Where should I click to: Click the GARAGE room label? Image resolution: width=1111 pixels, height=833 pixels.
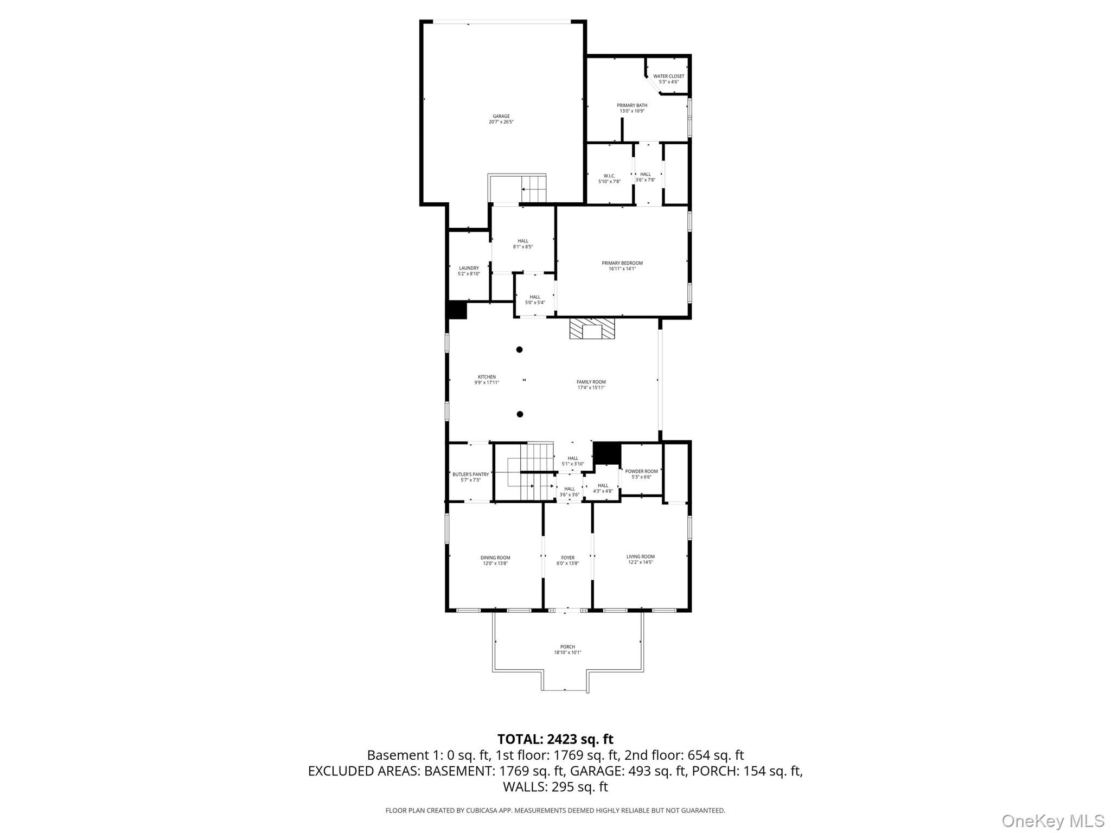pyautogui.click(x=501, y=116)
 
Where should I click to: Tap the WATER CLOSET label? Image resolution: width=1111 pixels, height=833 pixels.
pyautogui.click(x=668, y=76)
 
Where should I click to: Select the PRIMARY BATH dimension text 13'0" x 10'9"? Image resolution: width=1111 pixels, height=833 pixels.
pyautogui.click(x=632, y=111)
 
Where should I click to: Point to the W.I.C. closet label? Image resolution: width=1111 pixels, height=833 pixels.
pyautogui.click(x=609, y=176)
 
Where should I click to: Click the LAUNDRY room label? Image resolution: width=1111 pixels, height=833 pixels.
pyautogui.click(x=469, y=268)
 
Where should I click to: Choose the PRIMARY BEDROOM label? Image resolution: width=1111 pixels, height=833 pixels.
pyautogui.click(x=622, y=263)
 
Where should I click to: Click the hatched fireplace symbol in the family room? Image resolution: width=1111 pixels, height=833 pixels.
pyautogui.click(x=592, y=329)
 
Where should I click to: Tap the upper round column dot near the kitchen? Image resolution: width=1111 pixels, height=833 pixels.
pyautogui.click(x=519, y=350)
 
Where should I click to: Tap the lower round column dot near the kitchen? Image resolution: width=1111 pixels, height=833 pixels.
pyautogui.click(x=520, y=414)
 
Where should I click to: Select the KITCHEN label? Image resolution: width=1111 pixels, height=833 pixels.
pyautogui.click(x=487, y=377)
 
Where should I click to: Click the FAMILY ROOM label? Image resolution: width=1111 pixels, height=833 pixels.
pyautogui.click(x=591, y=382)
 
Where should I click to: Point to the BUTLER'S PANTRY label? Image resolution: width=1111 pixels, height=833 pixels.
pyautogui.click(x=470, y=474)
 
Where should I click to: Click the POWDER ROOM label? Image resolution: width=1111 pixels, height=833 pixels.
pyautogui.click(x=641, y=471)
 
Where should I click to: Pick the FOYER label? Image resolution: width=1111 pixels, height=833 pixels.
pyautogui.click(x=567, y=558)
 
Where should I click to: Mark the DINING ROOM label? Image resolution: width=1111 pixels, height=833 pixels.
pyautogui.click(x=495, y=558)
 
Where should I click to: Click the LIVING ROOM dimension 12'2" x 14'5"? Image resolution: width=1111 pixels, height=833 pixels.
pyautogui.click(x=640, y=562)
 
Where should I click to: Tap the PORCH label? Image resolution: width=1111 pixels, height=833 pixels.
pyautogui.click(x=567, y=646)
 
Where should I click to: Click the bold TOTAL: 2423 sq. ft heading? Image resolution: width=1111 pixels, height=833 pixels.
pyautogui.click(x=555, y=739)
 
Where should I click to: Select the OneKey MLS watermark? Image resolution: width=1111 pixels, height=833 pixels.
pyautogui.click(x=1052, y=821)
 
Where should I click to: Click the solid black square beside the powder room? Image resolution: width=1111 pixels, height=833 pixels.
pyautogui.click(x=606, y=453)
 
